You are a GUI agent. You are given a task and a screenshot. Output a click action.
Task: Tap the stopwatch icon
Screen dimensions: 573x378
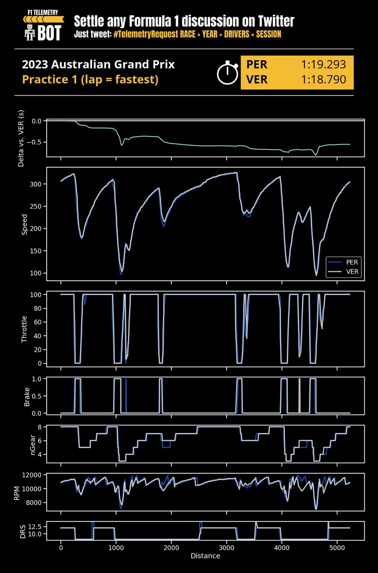228,73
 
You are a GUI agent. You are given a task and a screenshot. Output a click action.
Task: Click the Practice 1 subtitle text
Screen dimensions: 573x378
90,79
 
